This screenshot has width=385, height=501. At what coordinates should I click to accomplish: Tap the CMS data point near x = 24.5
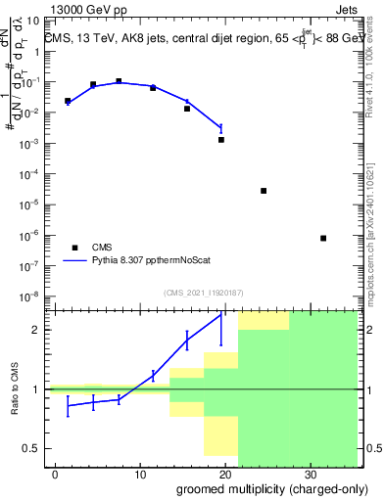pyautogui.click(x=264, y=191)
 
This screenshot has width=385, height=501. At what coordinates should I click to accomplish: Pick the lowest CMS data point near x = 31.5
pyautogui.click(x=323, y=238)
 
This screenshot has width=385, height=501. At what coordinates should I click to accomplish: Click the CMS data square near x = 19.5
pyautogui.click(x=221, y=140)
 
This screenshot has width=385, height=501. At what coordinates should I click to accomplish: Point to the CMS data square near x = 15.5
pyautogui.click(x=187, y=109)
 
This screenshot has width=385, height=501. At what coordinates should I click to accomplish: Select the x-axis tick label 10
pyautogui.click(x=140, y=474)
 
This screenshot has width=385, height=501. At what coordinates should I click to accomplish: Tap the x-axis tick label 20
pyautogui.click(x=224, y=474)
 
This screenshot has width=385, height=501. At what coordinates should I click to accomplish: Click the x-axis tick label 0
pyautogui.click(x=56, y=474)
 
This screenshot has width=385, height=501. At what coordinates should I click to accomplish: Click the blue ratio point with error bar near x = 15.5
pyautogui.click(x=187, y=340)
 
